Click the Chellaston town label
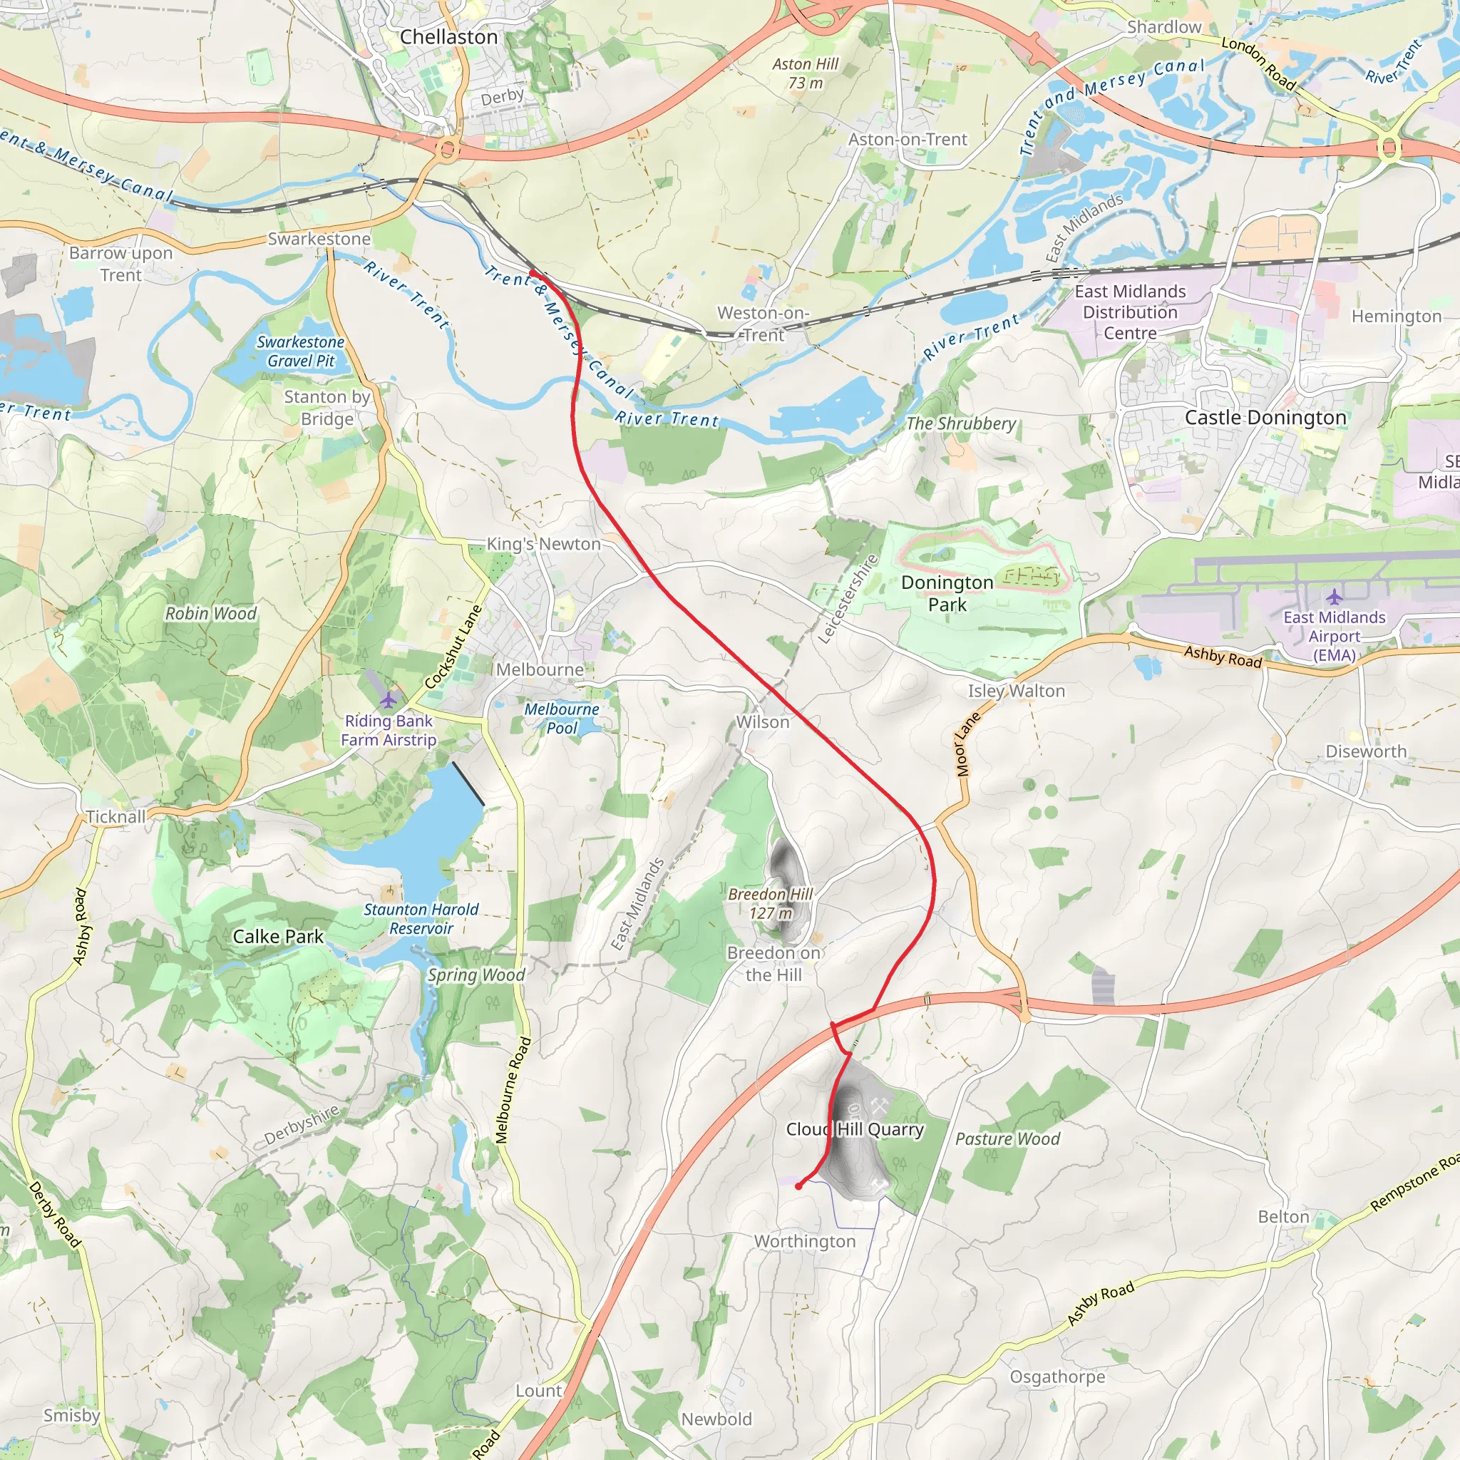(448, 36)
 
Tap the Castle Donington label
(1265, 417)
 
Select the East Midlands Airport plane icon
(1334, 597)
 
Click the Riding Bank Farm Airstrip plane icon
(388, 699)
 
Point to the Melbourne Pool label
(562, 718)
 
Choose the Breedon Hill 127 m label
(770, 903)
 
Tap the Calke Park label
(277, 936)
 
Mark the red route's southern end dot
(798, 1186)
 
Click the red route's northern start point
(532, 273)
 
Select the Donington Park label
(947, 593)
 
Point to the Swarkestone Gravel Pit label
(300, 351)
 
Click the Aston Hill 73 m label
(805, 73)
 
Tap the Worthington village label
(805, 1241)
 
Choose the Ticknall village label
(115, 817)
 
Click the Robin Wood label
(211, 614)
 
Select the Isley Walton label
(1017, 691)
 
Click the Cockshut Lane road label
(453, 647)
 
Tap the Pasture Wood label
(1007, 1138)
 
